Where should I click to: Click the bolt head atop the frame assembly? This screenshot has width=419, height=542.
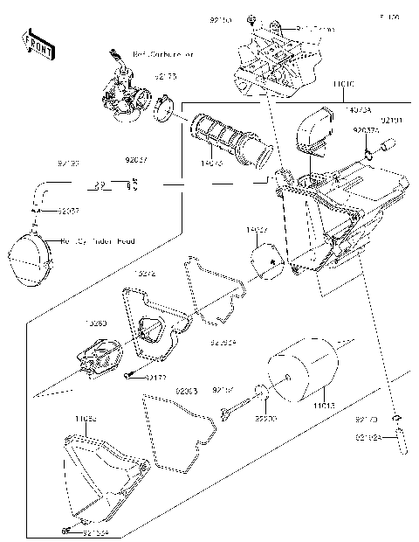click(251, 18)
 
